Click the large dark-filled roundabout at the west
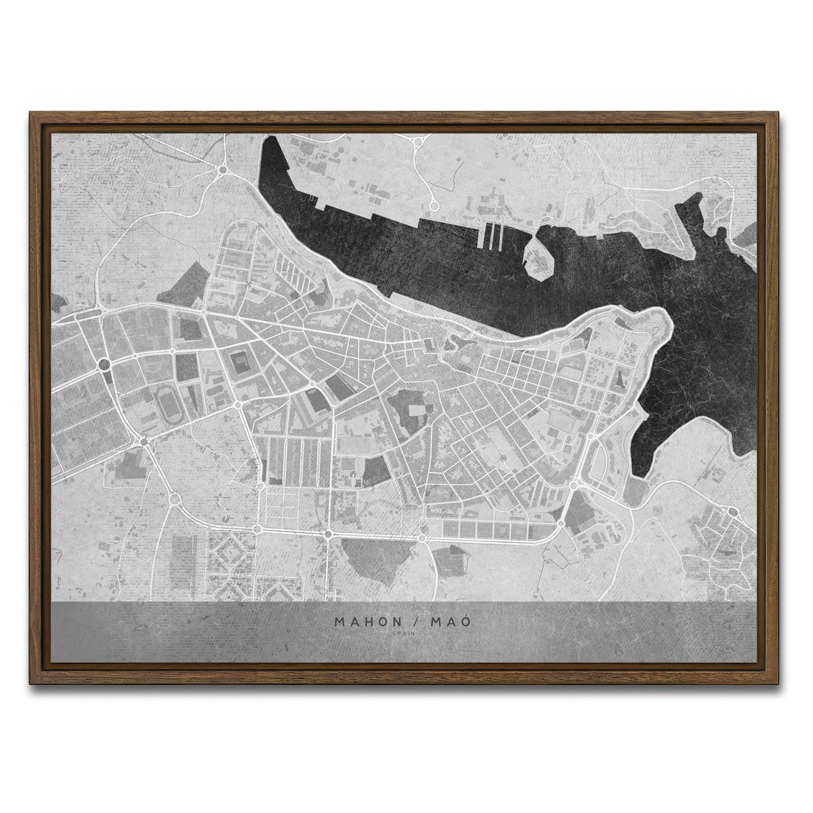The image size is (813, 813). (104, 364)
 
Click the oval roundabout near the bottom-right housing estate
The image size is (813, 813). (733, 512)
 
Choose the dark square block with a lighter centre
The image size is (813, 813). (241, 362)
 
